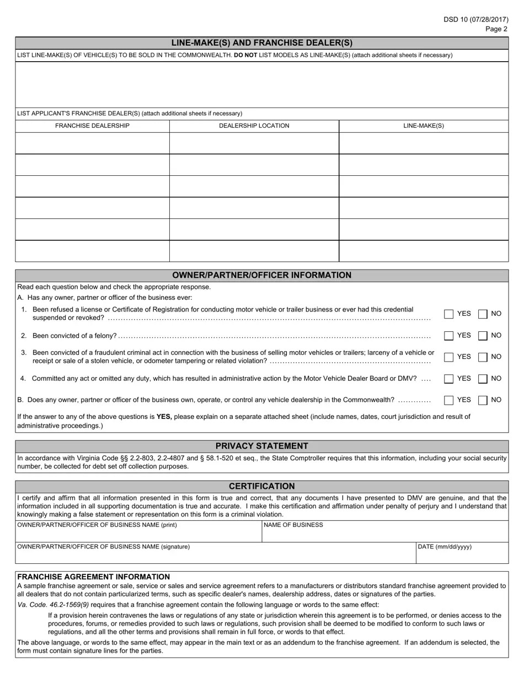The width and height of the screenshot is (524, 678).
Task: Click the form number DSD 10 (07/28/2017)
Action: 475,19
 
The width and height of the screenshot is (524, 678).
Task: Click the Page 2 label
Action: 496,29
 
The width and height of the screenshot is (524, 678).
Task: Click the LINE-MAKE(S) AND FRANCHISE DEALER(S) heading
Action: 262,43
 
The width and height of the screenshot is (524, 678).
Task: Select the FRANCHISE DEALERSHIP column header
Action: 92,126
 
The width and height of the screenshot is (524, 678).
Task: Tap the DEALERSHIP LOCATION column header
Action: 254,126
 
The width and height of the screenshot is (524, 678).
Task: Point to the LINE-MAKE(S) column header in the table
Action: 423,126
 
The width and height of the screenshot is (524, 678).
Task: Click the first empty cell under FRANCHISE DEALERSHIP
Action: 92,143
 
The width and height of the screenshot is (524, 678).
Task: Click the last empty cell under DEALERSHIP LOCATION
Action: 254,251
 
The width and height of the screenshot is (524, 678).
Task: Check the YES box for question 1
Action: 448,314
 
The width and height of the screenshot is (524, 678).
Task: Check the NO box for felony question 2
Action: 483,335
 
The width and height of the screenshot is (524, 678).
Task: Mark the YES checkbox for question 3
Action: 448,357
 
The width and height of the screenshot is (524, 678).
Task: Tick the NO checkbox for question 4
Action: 483,378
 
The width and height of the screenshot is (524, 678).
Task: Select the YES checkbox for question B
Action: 448,400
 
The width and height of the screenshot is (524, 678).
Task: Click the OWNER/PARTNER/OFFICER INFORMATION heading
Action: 262,275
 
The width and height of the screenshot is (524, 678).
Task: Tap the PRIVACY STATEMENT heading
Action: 262,446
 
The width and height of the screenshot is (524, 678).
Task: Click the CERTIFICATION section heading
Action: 262,486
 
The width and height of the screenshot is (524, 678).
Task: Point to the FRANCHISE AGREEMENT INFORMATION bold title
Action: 94,577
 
